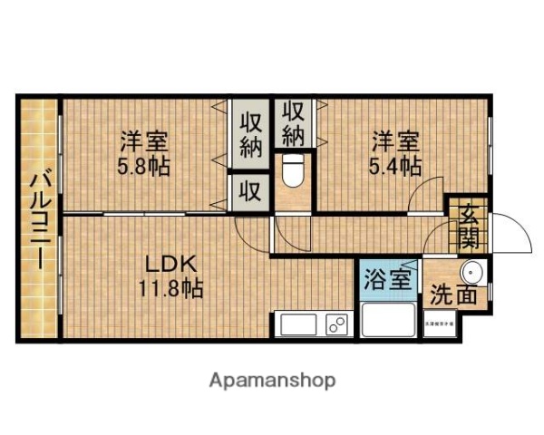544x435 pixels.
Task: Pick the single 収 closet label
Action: (250, 192)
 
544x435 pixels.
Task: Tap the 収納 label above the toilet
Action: (292, 124)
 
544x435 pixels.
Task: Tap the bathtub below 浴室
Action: (387, 318)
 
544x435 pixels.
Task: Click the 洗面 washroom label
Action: (453, 295)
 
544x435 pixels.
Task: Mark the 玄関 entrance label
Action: (468, 227)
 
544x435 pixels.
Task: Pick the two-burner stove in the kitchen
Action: (336, 323)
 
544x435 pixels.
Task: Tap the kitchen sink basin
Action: (296, 324)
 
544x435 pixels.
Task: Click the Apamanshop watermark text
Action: (272, 380)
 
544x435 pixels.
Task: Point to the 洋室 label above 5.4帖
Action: (394, 142)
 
